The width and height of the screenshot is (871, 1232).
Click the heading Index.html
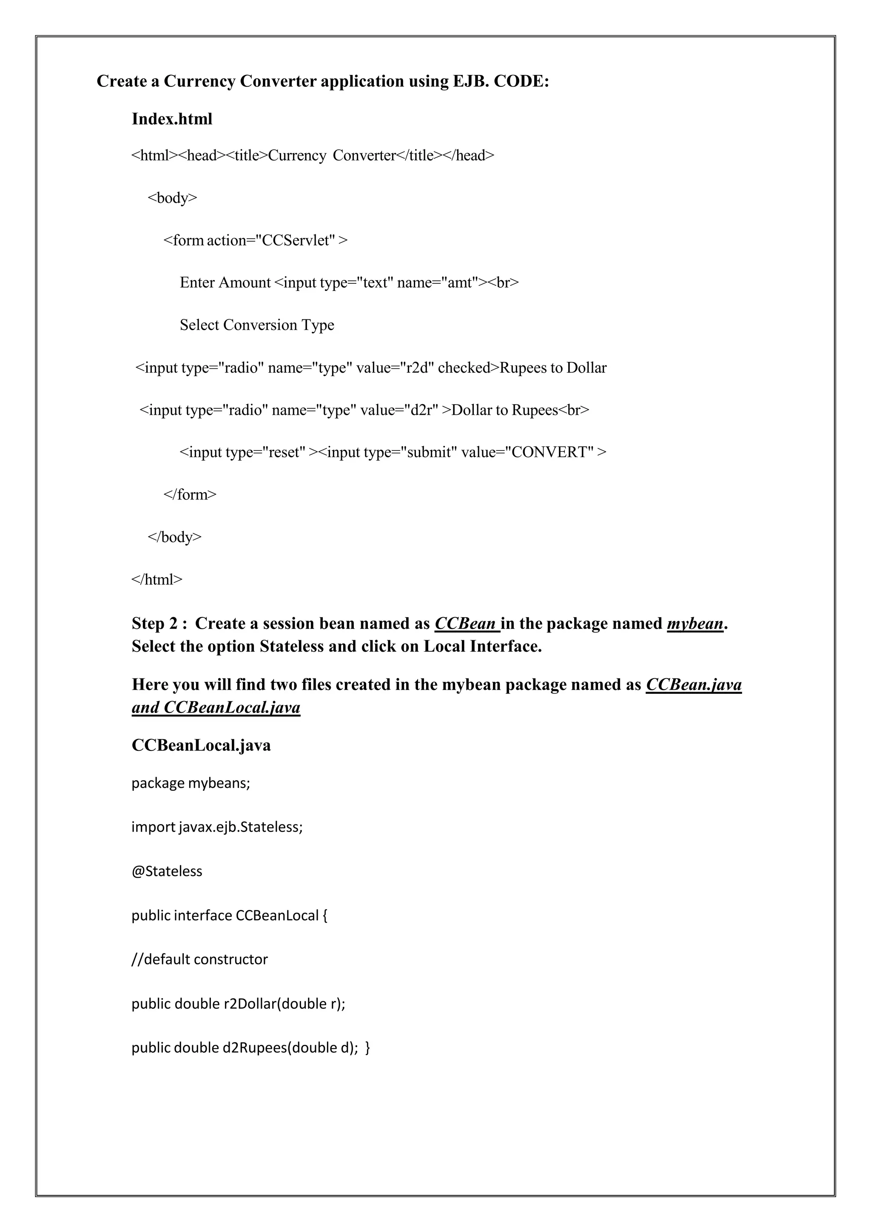[172, 119]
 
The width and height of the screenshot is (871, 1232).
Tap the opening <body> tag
[172, 198]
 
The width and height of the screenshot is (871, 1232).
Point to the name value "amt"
[460, 283]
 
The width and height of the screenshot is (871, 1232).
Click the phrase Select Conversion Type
[257, 325]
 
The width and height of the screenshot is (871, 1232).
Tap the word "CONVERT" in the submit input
[550, 452]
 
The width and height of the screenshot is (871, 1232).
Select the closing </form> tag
[190, 494]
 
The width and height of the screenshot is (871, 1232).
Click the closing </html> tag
[157, 579]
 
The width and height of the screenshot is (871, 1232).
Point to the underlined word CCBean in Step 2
[465, 624]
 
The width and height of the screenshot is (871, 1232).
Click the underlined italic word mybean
[695, 624]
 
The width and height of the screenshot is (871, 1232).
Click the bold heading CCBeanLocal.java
[201, 745]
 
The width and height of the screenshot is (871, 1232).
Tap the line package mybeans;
[191, 784]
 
